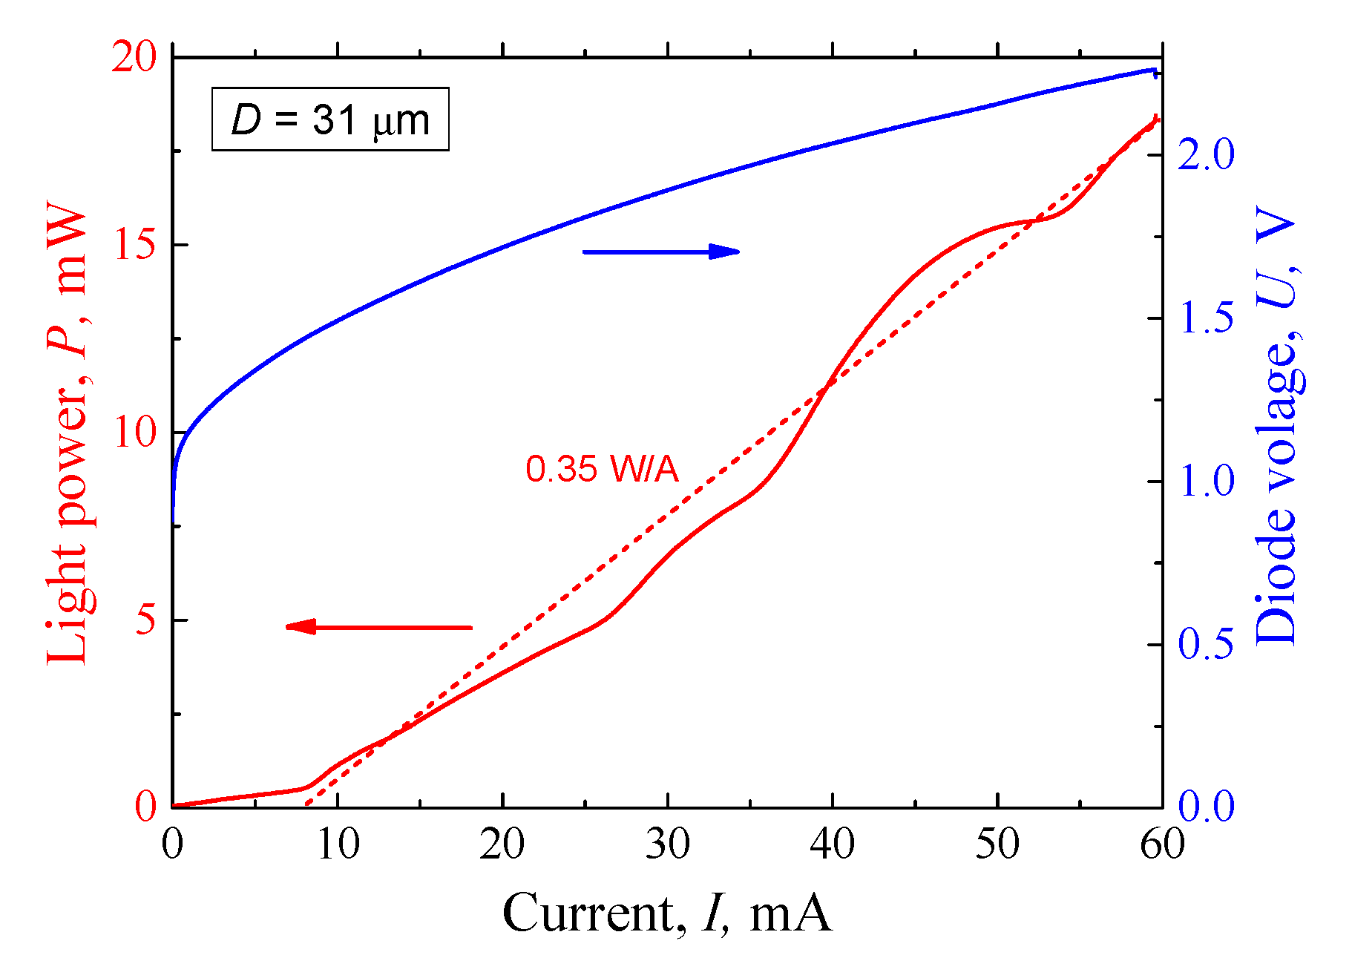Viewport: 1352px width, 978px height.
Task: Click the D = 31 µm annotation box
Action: (x=330, y=119)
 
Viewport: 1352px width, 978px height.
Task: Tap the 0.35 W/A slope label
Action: (x=602, y=469)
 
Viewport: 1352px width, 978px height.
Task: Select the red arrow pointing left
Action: (x=379, y=627)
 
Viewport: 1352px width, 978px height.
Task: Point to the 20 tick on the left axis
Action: (x=134, y=57)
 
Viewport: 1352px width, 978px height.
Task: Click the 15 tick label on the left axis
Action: (x=134, y=244)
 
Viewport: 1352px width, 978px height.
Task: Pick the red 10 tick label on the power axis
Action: (x=134, y=432)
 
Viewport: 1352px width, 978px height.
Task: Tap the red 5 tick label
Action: (x=145, y=620)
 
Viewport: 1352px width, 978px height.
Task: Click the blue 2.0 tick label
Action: (x=1206, y=154)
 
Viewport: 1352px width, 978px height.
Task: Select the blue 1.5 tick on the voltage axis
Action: (x=1206, y=318)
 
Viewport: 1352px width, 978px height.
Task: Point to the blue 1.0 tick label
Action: (x=1206, y=481)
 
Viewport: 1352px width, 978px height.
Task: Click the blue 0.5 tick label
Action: (x=1206, y=643)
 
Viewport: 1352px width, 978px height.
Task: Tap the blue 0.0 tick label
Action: (x=1206, y=807)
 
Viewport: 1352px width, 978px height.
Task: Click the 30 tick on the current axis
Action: (x=667, y=844)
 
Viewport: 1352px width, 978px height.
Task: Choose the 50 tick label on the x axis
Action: (x=997, y=844)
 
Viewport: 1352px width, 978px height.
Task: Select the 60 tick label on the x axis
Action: (x=1161, y=844)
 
